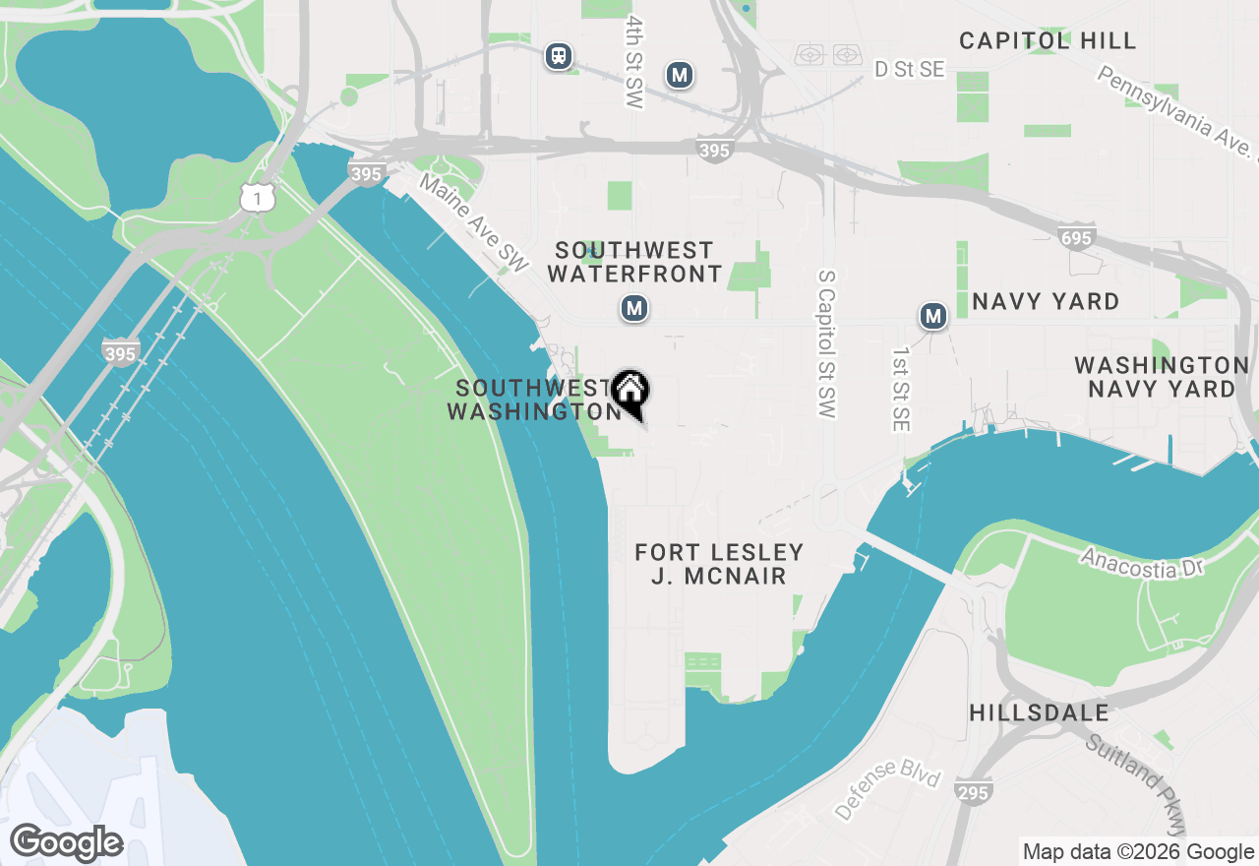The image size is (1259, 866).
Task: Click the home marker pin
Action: point(629,392)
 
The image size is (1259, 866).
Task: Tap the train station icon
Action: point(559,56)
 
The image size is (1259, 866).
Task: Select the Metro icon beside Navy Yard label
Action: point(932,316)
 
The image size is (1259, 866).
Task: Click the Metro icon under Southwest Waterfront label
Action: point(634,309)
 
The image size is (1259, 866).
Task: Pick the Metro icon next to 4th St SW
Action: point(679,74)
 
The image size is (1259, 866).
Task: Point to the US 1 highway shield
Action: point(256,199)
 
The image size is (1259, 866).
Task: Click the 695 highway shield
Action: point(1077,236)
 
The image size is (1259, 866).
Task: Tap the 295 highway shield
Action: point(973,791)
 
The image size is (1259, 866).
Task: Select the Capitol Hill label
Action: point(1048,40)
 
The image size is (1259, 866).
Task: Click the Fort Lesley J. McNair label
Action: point(719,564)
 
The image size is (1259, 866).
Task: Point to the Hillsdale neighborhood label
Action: point(1039,712)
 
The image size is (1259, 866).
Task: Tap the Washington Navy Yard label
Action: point(1161,377)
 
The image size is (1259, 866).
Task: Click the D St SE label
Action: point(910,69)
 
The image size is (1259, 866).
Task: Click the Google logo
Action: point(67,842)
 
